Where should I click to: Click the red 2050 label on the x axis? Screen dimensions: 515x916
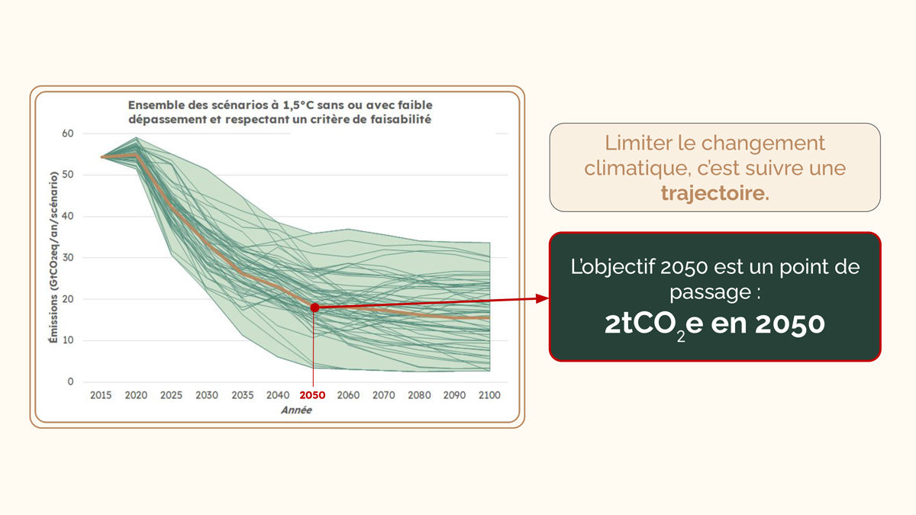(312, 395)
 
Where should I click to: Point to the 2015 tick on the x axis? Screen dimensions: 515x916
(101, 395)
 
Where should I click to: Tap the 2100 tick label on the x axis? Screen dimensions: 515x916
(489, 395)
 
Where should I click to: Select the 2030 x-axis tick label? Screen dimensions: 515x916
(206, 395)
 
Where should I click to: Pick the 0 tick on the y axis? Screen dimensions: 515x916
(70, 381)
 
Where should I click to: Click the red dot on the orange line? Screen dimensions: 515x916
(314, 307)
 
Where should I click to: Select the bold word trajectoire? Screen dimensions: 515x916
(715, 193)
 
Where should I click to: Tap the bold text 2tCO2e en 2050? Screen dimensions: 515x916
(714, 324)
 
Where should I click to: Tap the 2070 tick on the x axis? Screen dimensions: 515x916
(384, 395)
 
